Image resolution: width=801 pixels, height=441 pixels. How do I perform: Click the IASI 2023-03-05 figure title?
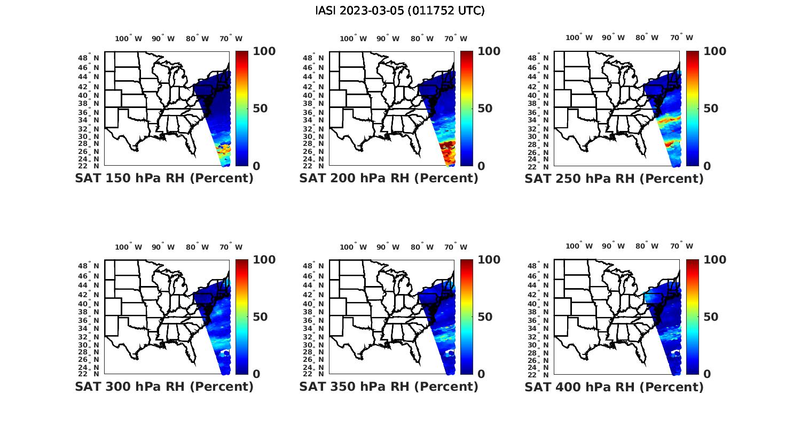pyautogui.click(x=400, y=11)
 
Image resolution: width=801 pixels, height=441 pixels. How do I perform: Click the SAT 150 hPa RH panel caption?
pyautogui.click(x=164, y=179)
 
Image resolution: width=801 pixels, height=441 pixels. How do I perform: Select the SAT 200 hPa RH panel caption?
pyautogui.click(x=389, y=179)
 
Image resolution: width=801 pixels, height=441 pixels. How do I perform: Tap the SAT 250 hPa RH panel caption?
pyautogui.click(x=614, y=179)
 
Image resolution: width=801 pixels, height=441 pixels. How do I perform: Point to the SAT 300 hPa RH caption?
pyautogui.click(x=164, y=386)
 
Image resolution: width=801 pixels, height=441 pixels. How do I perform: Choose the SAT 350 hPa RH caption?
pyautogui.click(x=389, y=386)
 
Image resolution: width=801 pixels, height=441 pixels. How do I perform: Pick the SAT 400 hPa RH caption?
pyautogui.click(x=614, y=386)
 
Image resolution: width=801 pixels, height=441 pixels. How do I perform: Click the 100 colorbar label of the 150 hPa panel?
pyautogui.click(x=264, y=51)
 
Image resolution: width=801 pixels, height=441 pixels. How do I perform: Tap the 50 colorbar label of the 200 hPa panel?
pyautogui.click(x=484, y=109)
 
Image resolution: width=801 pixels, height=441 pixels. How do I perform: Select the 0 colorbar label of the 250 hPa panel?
pyautogui.click(x=707, y=166)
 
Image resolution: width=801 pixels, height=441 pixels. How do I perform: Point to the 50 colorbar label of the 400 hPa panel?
pyautogui.click(x=710, y=317)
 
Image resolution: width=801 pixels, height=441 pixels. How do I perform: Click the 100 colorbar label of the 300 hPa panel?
pyautogui.click(x=264, y=260)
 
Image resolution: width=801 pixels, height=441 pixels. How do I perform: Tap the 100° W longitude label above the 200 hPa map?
pyautogui.click(x=353, y=38)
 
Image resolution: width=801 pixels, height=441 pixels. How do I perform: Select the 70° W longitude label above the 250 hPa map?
pyautogui.click(x=681, y=37)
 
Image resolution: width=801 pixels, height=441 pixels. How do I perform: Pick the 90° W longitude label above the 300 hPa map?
pyautogui.click(x=163, y=247)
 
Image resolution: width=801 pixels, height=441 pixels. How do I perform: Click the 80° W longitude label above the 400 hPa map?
pyautogui.click(x=647, y=246)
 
